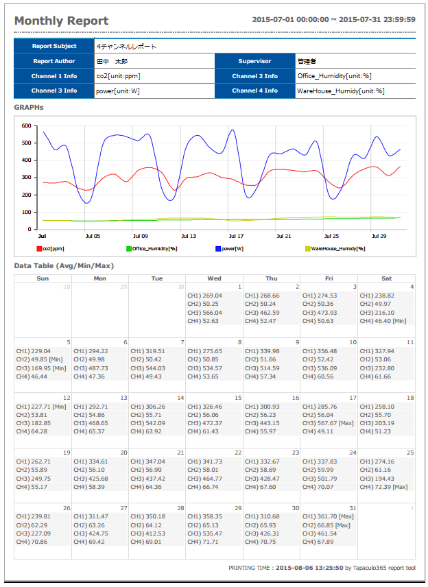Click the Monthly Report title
62,21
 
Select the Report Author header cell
54,61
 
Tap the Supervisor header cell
254,61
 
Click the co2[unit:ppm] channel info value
119,76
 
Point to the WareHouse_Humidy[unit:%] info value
341,91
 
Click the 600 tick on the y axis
26,125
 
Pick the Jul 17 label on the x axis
236,236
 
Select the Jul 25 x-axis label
331,236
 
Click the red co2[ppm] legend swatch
39,249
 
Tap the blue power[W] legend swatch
218,249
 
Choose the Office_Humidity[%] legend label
154,249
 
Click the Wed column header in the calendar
214,278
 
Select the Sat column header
386,278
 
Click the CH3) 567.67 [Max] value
328,423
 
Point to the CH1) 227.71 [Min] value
41,407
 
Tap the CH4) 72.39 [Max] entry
384,487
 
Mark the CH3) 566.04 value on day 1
205,313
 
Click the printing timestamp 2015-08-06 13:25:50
309,568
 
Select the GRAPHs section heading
29,108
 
